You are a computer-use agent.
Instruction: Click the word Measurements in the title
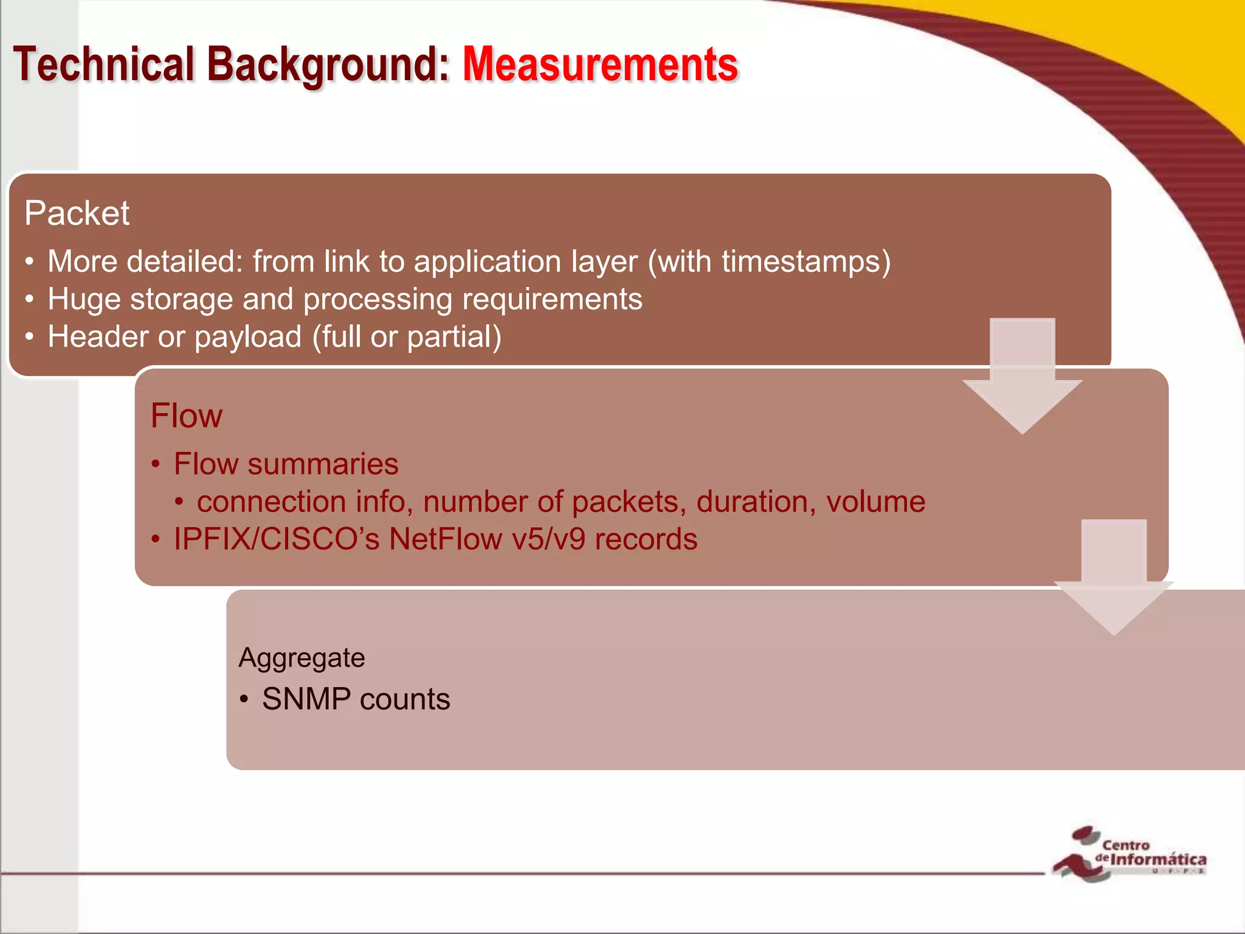pyautogui.click(x=599, y=64)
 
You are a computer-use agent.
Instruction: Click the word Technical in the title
pyautogui.click(x=103, y=64)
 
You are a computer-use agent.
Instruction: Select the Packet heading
pyautogui.click(x=77, y=213)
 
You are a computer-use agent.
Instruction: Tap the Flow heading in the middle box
pyautogui.click(x=186, y=416)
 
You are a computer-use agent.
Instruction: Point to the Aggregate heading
pyautogui.click(x=302, y=658)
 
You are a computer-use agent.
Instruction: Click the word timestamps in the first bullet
pyautogui.click(x=806, y=261)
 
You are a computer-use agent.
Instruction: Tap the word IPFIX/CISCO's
pyautogui.click(x=277, y=539)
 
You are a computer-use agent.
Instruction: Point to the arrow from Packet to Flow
pyautogui.click(x=1023, y=377)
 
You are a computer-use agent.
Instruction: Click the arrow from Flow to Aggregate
pyautogui.click(x=1114, y=578)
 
